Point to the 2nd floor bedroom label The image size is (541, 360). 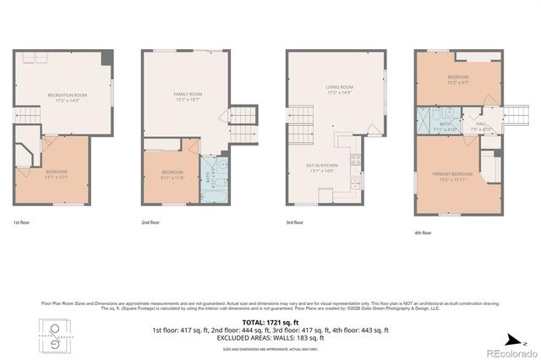pyautogui.click(x=172, y=176)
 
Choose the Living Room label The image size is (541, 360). pyautogui.click(x=339, y=89)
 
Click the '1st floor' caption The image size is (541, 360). pyautogui.click(x=22, y=222)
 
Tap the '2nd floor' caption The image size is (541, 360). pyautogui.click(x=150, y=222)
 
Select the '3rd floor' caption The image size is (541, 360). pyautogui.click(x=295, y=222)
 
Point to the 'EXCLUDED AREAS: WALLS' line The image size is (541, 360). pyautogui.click(x=270, y=336)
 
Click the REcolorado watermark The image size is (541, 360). pyautogui.click(x=505, y=352)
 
